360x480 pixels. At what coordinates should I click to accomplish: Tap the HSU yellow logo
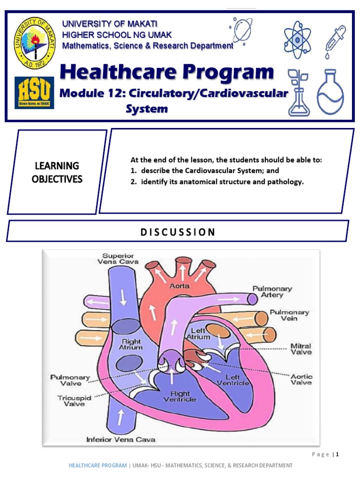(34, 92)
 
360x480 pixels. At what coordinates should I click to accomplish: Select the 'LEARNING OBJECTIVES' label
(57, 172)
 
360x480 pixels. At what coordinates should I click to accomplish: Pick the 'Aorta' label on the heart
(180, 285)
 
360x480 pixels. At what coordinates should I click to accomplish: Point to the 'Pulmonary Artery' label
(272, 292)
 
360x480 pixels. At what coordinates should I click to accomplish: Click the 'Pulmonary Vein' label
(289, 315)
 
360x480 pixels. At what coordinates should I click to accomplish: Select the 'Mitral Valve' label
(301, 348)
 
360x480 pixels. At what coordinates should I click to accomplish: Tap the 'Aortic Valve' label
(301, 379)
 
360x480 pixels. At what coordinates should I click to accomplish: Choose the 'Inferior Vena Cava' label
(121, 440)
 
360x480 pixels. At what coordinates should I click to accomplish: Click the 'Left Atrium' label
(197, 333)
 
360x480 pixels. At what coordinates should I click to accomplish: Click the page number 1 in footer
(337, 454)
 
